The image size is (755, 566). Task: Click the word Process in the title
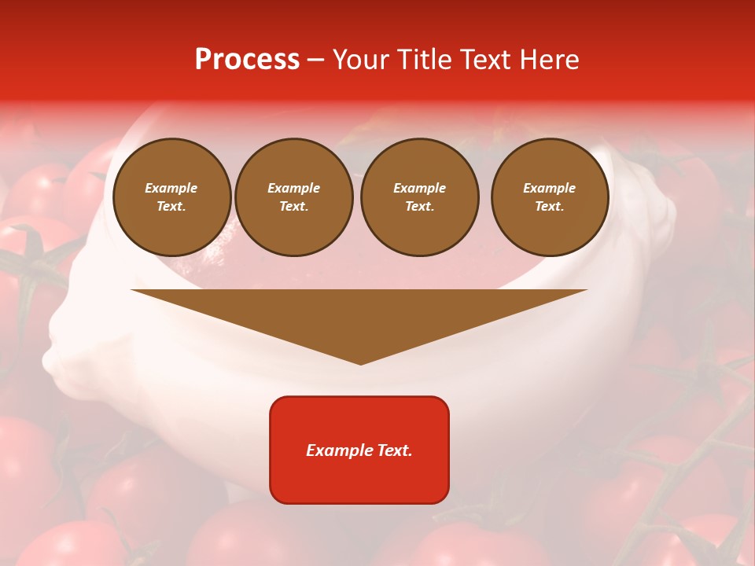point(247,60)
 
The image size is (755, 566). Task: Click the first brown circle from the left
point(171,197)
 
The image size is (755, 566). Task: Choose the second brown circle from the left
point(293,197)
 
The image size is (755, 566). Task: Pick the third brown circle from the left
point(419,197)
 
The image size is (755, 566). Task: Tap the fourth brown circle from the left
point(549,197)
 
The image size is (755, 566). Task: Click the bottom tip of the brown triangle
point(360,363)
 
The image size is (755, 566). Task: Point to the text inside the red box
point(359,450)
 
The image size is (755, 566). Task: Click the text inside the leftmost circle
point(171,197)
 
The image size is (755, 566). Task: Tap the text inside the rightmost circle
point(549,197)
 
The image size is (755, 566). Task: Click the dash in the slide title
point(315,61)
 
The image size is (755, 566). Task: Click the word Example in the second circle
point(293,188)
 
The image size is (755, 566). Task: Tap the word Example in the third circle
point(419,188)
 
